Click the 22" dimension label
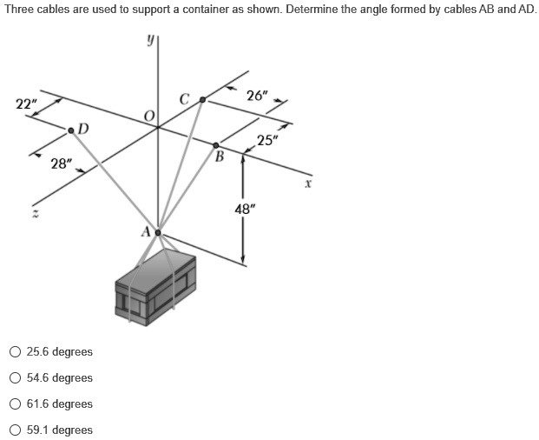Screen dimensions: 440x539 (x=27, y=103)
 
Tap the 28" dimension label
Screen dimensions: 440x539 (x=60, y=163)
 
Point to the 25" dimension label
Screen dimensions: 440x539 (x=267, y=142)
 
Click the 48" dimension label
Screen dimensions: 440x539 (x=246, y=209)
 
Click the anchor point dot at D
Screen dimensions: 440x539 (x=71, y=130)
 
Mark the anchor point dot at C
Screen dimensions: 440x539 (x=203, y=101)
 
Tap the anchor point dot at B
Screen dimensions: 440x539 (x=217, y=146)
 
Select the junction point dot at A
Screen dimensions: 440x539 (x=158, y=233)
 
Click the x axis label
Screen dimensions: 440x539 (x=307, y=183)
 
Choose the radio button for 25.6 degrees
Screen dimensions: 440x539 (x=16, y=352)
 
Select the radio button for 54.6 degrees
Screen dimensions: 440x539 (x=16, y=378)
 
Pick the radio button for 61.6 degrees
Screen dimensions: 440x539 (x=16, y=404)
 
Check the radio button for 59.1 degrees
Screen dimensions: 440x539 (x=16, y=430)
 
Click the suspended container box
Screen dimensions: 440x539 (x=156, y=287)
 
